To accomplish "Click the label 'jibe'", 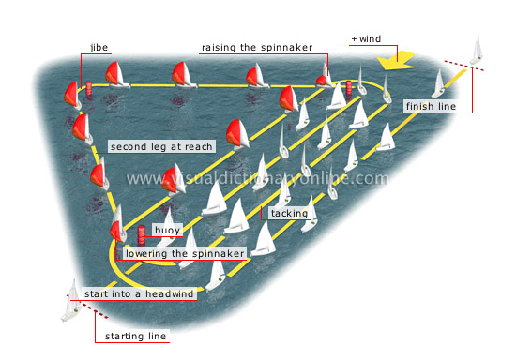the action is pyautogui.click(x=99, y=46).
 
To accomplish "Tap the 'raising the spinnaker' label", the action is pyautogui.click(x=250, y=47).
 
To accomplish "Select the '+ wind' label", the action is pyautogui.click(x=368, y=39).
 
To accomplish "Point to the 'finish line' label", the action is pyautogui.click(x=431, y=107).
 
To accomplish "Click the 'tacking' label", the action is pyautogui.click(x=289, y=214).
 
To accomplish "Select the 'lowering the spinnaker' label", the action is pyautogui.click(x=185, y=253).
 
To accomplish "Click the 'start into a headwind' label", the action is pyautogui.click(x=138, y=294).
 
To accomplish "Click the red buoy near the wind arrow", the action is pyautogui.click(x=350, y=89).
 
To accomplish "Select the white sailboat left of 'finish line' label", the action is pyautogui.click(x=437, y=84).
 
